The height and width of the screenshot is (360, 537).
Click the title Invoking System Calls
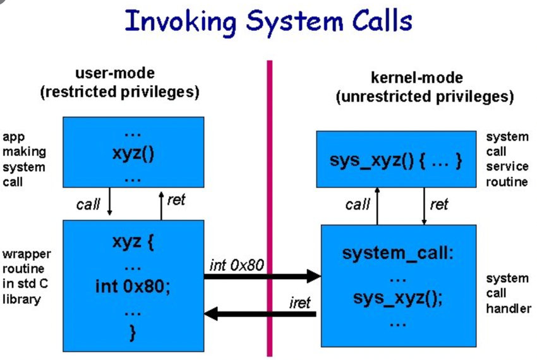(x=268, y=21)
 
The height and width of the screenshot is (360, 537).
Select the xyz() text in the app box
(x=133, y=153)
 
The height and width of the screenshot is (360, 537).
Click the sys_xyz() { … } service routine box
(x=395, y=159)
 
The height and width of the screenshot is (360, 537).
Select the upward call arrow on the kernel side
(x=378, y=206)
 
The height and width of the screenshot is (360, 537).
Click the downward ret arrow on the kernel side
(x=424, y=206)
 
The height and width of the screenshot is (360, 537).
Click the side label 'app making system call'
(x=24, y=159)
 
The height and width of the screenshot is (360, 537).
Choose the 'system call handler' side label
(x=507, y=293)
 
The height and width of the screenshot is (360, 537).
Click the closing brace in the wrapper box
(x=133, y=332)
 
